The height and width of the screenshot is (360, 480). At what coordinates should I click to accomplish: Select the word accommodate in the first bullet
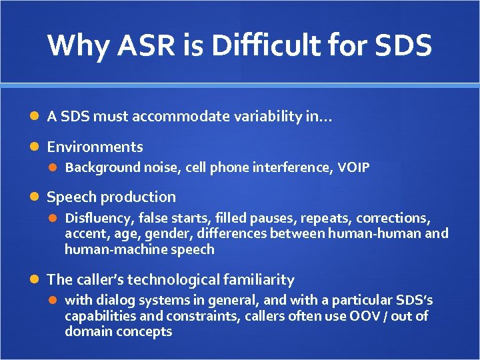coord(179,117)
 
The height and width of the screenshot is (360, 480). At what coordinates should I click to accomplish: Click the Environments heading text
coord(95,147)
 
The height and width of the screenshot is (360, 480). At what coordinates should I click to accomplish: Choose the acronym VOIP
coord(353,167)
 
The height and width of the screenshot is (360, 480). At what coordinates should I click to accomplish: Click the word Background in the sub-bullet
coord(102,167)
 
